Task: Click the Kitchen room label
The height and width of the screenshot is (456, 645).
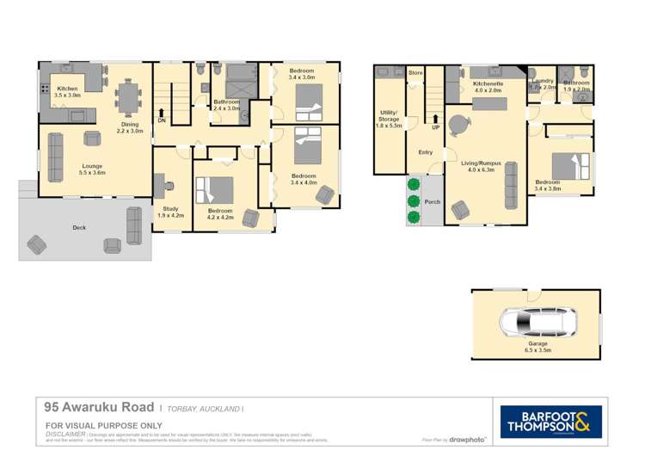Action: [x=67, y=91]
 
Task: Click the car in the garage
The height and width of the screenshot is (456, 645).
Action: [x=536, y=324]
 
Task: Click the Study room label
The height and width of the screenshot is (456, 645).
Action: [x=169, y=212]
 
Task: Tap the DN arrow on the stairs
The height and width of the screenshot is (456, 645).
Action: [x=162, y=116]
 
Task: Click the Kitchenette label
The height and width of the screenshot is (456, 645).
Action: [x=487, y=86]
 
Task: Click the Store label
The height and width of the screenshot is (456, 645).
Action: [x=416, y=73]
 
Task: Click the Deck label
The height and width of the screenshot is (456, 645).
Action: [x=79, y=228]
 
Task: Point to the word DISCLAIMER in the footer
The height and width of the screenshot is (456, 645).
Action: [x=65, y=434]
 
